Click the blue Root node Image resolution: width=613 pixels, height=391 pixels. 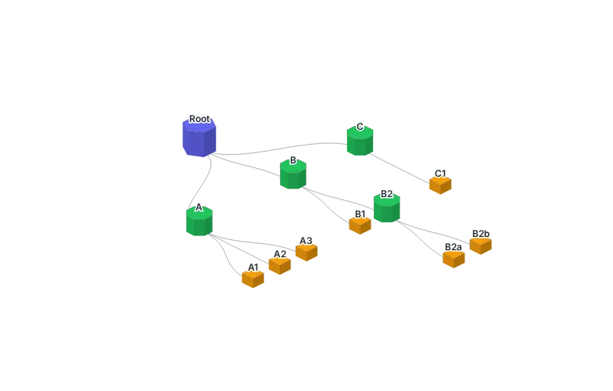[199, 138]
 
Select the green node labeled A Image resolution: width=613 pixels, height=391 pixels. [199, 221]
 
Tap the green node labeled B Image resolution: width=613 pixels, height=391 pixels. [293, 174]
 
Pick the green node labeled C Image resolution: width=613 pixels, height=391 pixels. [360, 141]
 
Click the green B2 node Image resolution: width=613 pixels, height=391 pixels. [387, 208]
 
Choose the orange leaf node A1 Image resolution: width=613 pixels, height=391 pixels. [253, 279]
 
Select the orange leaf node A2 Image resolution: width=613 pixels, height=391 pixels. [280, 266]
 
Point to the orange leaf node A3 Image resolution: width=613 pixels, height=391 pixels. [306, 252]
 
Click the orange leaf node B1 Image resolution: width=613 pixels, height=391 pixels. [360, 225]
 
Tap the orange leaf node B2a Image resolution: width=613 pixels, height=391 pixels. [453, 259]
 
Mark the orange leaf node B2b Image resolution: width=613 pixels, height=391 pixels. [480, 246]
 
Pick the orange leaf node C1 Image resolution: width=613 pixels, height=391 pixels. [441, 185]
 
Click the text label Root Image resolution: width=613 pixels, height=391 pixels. [199, 119]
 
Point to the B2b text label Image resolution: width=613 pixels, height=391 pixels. [481, 233]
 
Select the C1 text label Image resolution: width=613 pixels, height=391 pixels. [441, 174]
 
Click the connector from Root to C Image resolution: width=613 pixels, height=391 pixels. [278, 149]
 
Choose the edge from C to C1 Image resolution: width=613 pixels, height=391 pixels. [400, 168]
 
